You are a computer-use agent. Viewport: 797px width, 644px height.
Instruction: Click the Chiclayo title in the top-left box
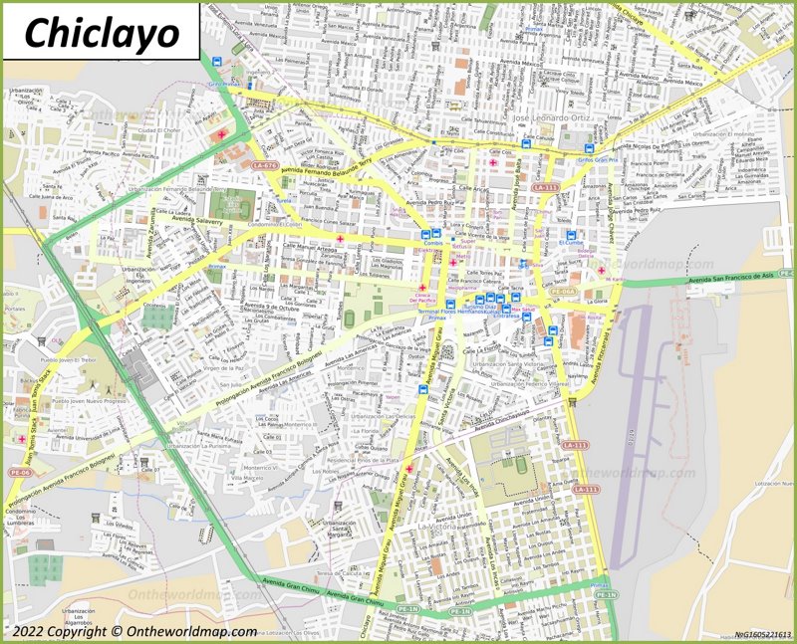[101, 32]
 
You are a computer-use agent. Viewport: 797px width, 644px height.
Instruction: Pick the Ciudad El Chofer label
[159, 130]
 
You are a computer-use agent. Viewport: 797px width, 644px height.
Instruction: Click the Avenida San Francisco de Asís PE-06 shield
[786, 273]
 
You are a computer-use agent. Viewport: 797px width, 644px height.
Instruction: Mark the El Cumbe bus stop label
[571, 242]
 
